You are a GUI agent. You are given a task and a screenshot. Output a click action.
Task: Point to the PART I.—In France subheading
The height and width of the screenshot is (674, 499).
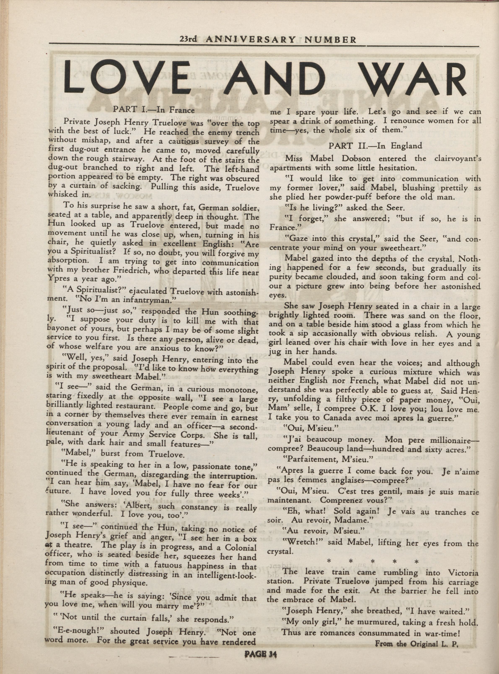154,110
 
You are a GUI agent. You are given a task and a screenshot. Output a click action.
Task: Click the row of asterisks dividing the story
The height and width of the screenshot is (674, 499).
374,562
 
